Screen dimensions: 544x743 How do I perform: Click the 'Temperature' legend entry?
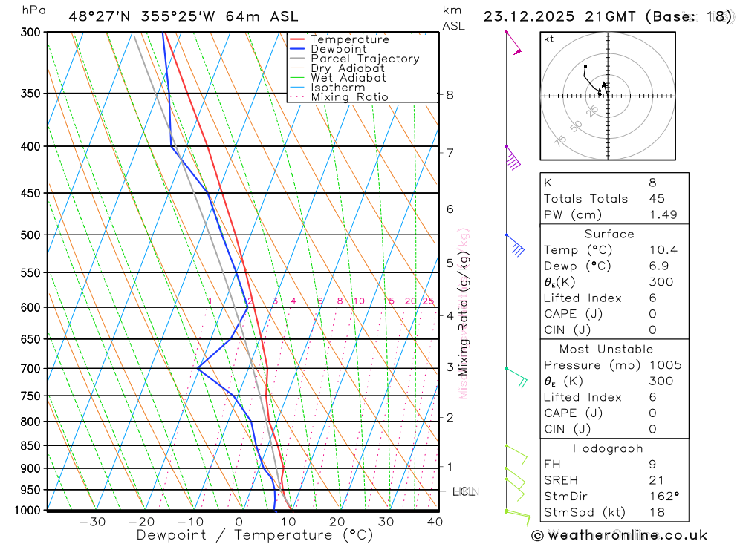349,39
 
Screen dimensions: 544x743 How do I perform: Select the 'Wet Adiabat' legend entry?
348,78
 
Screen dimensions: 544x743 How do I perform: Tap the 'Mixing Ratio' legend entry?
349,97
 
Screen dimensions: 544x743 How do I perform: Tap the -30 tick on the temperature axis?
92,522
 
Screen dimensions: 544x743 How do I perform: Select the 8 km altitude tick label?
450,95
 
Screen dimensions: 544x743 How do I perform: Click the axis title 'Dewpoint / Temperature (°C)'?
255,535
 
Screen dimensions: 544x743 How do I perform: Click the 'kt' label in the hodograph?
549,39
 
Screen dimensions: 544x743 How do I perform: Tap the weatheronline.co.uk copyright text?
619,535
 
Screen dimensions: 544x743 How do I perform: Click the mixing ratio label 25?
428,301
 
